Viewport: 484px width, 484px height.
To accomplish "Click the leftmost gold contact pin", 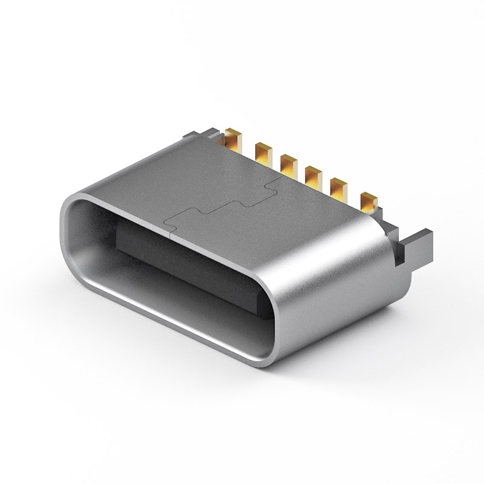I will (234, 140).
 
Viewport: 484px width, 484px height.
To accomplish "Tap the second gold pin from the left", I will (264, 151).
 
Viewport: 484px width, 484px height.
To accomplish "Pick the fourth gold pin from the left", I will (313, 174).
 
